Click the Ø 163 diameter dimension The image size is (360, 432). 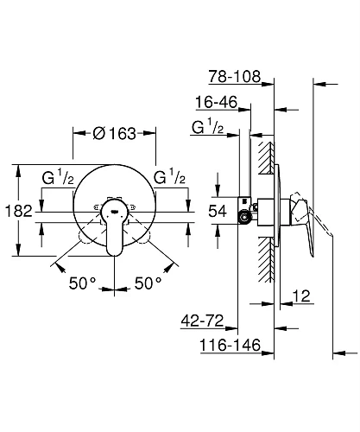click(x=115, y=134)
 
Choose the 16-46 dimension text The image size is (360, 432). click(x=217, y=102)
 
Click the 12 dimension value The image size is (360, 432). click(x=302, y=295)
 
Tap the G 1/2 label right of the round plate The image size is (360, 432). click(x=171, y=179)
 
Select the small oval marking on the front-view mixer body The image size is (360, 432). click(x=114, y=209)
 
